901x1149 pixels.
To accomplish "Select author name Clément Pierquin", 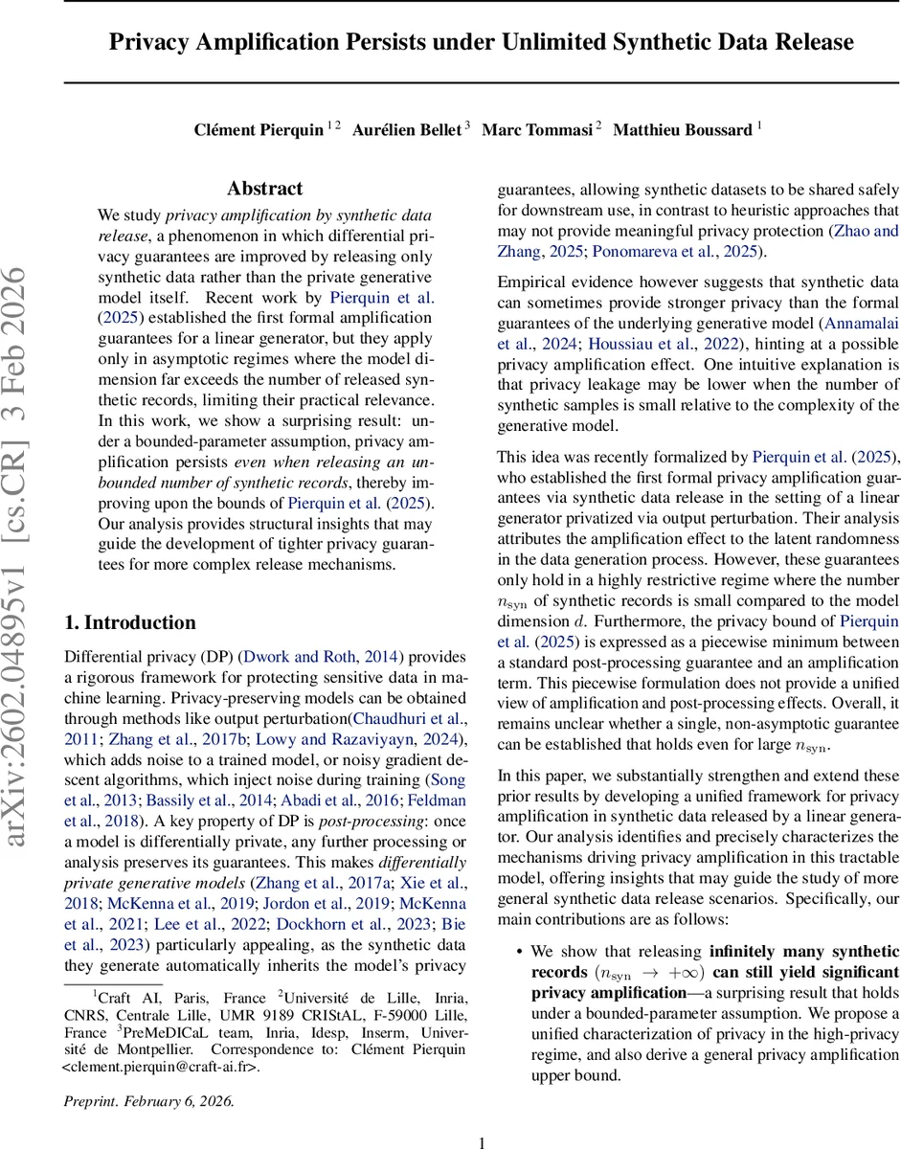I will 259,129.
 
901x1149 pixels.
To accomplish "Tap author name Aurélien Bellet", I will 407,129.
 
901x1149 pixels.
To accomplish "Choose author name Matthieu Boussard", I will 682,129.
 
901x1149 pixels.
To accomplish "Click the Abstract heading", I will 265,189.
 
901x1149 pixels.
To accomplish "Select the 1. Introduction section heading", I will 129,622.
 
